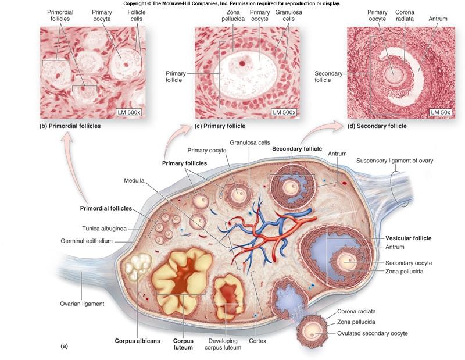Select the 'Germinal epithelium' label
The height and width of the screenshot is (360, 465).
point(90,241)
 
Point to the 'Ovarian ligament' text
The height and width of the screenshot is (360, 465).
point(82,303)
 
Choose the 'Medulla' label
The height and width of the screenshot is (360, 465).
point(134,180)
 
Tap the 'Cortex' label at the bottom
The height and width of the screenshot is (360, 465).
point(257,341)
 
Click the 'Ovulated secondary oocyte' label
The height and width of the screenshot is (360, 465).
point(372,333)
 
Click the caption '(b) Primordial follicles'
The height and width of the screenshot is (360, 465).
point(71,126)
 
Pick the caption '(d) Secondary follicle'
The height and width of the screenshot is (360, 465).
point(377,126)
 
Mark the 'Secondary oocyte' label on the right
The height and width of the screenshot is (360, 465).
point(408,263)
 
